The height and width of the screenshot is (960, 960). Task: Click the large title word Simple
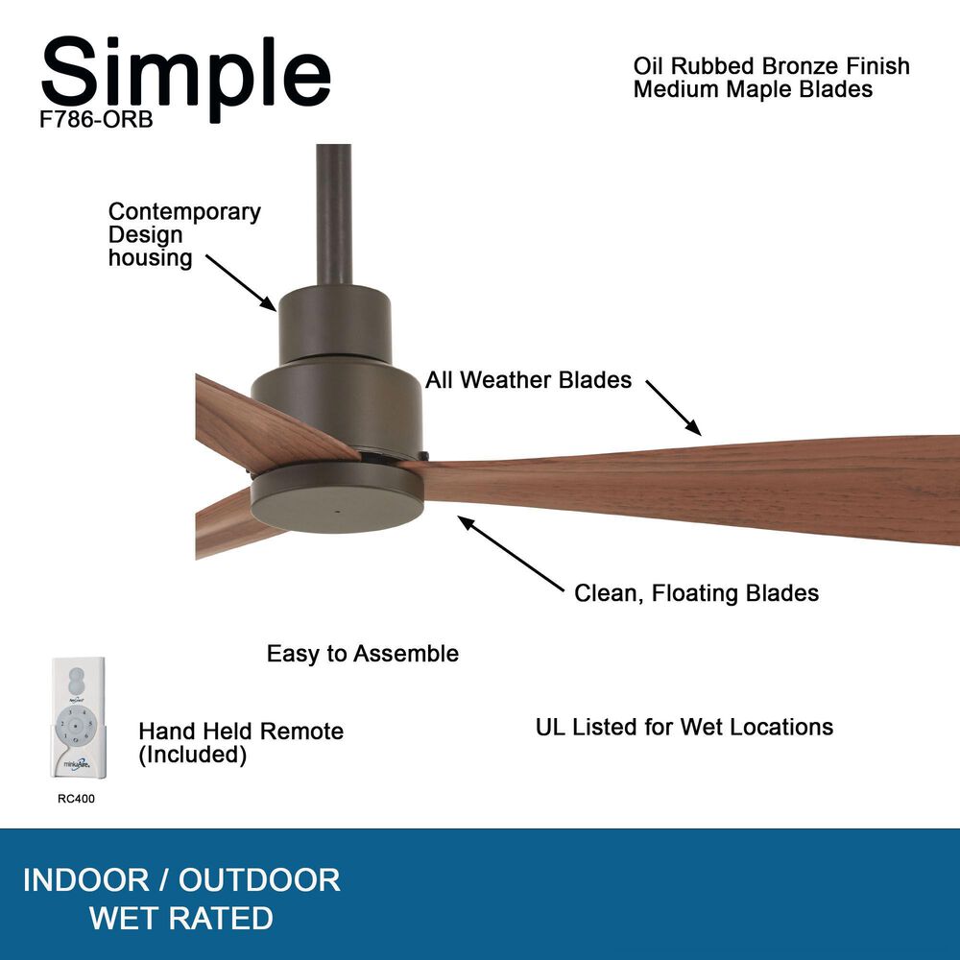click(185, 75)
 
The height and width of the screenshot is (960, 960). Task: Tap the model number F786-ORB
click(96, 124)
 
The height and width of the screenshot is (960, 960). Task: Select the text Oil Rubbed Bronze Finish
click(771, 67)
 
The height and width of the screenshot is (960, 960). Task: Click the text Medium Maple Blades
click(753, 89)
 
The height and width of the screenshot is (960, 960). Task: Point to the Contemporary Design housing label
click(183, 234)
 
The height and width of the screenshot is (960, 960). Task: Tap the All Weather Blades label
click(529, 380)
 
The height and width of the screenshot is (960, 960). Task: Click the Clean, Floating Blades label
click(696, 593)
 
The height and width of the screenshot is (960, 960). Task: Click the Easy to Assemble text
click(362, 654)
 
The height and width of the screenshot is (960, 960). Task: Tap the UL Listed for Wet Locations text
click(684, 727)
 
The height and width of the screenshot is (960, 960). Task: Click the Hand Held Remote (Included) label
click(240, 743)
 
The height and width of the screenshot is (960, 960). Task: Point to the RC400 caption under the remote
click(76, 798)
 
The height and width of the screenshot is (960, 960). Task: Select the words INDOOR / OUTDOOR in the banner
click(181, 879)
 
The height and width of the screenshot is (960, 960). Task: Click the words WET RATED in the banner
click(181, 919)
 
